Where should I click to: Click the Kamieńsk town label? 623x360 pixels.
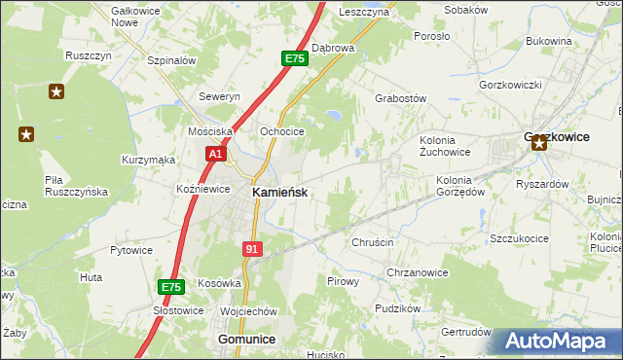point(280,193)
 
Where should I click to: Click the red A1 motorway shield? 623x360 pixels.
point(215,154)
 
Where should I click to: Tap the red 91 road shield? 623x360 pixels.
point(252,249)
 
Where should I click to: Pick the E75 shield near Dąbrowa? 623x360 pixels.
point(295,59)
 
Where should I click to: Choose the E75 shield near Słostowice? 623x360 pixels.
point(171,287)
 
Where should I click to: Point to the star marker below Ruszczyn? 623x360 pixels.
point(56,92)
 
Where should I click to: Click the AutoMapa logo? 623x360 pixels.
point(556,342)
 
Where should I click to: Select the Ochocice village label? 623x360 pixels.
point(282,131)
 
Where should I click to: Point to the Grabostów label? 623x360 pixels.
point(401,98)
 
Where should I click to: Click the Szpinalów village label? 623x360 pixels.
point(172,60)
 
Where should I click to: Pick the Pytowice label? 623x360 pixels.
point(131,250)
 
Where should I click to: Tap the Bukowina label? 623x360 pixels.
point(548,41)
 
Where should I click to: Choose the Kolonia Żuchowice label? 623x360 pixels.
point(445,146)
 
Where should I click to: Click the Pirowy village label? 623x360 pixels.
point(343,280)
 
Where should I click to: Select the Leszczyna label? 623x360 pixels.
point(364,12)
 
